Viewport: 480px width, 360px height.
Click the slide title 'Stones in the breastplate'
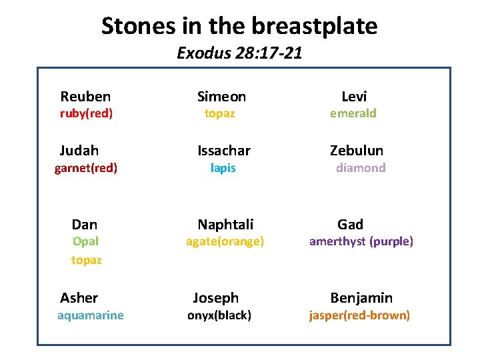click(x=239, y=26)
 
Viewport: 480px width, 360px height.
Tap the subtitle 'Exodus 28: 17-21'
click(x=239, y=53)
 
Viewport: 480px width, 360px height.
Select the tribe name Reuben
click(x=85, y=97)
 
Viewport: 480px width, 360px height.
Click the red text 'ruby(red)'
click(x=87, y=113)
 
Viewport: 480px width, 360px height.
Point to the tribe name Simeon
click(x=222, y=97)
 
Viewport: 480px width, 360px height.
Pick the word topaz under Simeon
click(x=219, y=113)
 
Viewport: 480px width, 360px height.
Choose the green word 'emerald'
click(x=353, y=113)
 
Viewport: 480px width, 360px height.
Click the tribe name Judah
click(x=79, y=151)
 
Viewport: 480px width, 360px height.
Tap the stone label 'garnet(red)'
click(x=86, y=168)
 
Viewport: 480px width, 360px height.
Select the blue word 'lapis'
click(x=223, y=168)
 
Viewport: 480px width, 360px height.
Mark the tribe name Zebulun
click(x=357, y=151)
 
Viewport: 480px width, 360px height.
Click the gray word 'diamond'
click(x=361, y=168)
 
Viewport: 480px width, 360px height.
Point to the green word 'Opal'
click(x=85, y=241)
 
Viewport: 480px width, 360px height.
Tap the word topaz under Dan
click(x=87, y=260)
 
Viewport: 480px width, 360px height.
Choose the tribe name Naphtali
click(x=225, y=225)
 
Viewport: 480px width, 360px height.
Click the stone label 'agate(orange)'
click(x=225, y=241)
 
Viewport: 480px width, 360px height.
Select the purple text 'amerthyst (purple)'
click(x=361, y=241)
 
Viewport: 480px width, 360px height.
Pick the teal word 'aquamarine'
click(x=91, y=315)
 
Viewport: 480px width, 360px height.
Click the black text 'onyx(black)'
click(x=219, y=315)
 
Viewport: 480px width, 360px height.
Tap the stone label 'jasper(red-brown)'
click(x=359, y=315)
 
